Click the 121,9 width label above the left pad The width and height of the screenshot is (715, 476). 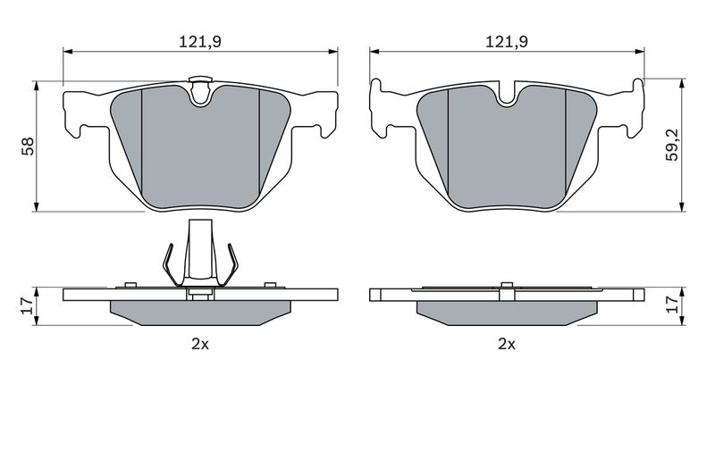coord(200,41)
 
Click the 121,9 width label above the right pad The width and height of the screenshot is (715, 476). coord(506,41)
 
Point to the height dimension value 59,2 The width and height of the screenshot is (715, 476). coord(672,146)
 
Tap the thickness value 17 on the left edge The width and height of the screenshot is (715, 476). coord(27,304)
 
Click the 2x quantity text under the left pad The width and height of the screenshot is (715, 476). coord(200,344)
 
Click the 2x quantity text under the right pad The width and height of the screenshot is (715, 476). coord(507,344)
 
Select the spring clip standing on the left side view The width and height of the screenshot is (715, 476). coord(199,255)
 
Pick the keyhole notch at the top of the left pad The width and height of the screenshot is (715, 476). coord(200,90)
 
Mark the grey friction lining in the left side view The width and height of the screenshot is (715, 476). coord(200,313)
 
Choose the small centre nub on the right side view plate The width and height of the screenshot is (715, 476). coord(507,286)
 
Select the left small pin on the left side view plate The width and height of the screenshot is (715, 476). coord(130,285)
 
